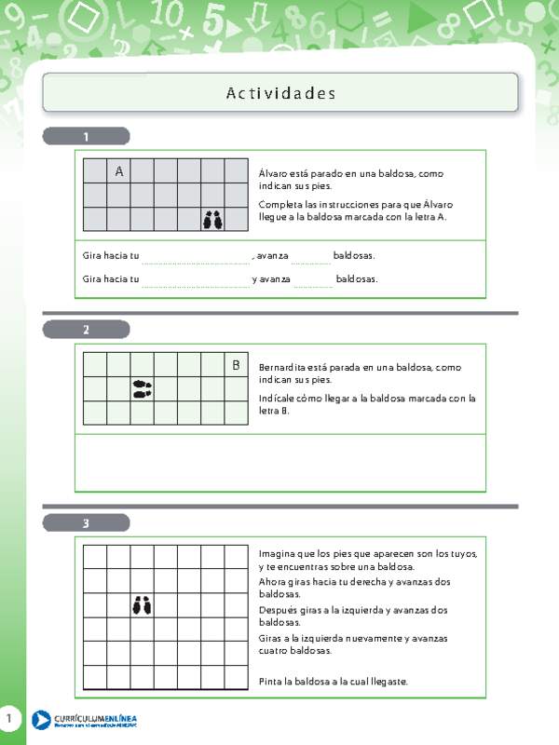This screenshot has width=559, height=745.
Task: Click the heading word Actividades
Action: [280, 93]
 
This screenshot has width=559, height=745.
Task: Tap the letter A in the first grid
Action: [119, 171]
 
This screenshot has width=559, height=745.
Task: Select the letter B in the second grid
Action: [236, 365]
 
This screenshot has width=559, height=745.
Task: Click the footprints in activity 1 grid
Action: [213, 220]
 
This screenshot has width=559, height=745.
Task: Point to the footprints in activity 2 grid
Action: [143, 388]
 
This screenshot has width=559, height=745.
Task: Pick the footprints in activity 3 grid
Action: [142, 606]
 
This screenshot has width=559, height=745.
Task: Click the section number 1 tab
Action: [86, 137]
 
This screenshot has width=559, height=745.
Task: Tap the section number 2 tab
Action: [86, 330]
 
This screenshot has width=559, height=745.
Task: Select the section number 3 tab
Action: [86, 523]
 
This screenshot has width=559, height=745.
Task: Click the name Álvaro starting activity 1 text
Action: [276, 173]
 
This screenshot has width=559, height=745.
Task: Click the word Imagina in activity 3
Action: [279, 553]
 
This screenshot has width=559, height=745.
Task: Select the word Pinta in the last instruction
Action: [272, 682]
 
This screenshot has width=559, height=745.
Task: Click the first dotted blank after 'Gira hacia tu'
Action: [196, 257]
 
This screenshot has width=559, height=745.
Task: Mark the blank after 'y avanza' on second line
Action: [313, 280]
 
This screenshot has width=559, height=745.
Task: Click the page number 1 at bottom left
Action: [9, 719]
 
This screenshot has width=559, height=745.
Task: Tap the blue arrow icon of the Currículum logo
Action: [41, 720]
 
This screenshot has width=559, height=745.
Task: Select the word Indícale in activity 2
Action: [279, 399]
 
